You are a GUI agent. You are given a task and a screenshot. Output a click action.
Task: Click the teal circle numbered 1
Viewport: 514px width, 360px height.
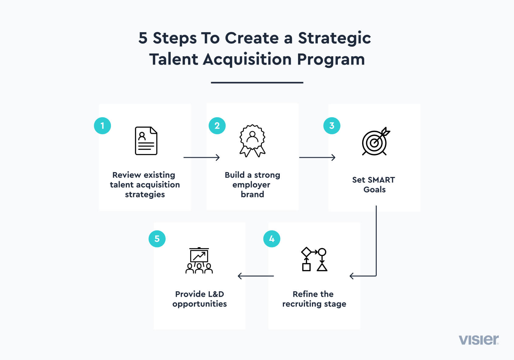[x=102, y=126]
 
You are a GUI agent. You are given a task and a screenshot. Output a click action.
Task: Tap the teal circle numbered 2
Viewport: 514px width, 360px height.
[x=217, y=126]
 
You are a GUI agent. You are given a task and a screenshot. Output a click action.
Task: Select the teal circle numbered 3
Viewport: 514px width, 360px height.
[x=332, y=126]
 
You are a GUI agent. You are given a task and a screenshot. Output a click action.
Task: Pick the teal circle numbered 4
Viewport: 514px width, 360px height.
[x=272, y=239]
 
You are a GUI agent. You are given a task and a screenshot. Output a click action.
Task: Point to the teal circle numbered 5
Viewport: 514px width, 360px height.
[x=157, y=239]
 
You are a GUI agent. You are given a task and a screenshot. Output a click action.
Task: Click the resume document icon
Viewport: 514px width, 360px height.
[x=146, y=141]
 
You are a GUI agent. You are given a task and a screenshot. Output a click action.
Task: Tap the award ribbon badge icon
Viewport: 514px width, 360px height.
[x=252, y=141]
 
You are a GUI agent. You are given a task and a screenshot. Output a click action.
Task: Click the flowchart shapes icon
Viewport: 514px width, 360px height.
[x=314, y=259]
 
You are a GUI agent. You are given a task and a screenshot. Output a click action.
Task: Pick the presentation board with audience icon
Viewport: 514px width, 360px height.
[x=199, y=261]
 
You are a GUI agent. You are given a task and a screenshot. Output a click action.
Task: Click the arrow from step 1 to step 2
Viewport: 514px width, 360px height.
[x=201, y=157]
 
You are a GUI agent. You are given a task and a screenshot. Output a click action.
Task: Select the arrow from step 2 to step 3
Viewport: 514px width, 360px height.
[x=317, y=157]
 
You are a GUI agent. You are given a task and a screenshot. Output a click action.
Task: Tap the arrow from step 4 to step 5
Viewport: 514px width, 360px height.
[x=255, y=276]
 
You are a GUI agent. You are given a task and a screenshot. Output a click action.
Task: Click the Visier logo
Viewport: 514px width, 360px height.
[x=478, y=340]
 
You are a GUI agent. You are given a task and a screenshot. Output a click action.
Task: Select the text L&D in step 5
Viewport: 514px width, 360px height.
[x=215, y=294]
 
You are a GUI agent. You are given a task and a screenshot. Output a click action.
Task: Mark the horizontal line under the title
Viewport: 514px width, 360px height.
[x=257, y=82]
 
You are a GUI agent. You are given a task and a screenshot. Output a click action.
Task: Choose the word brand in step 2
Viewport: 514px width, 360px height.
[x=252, y=194]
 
